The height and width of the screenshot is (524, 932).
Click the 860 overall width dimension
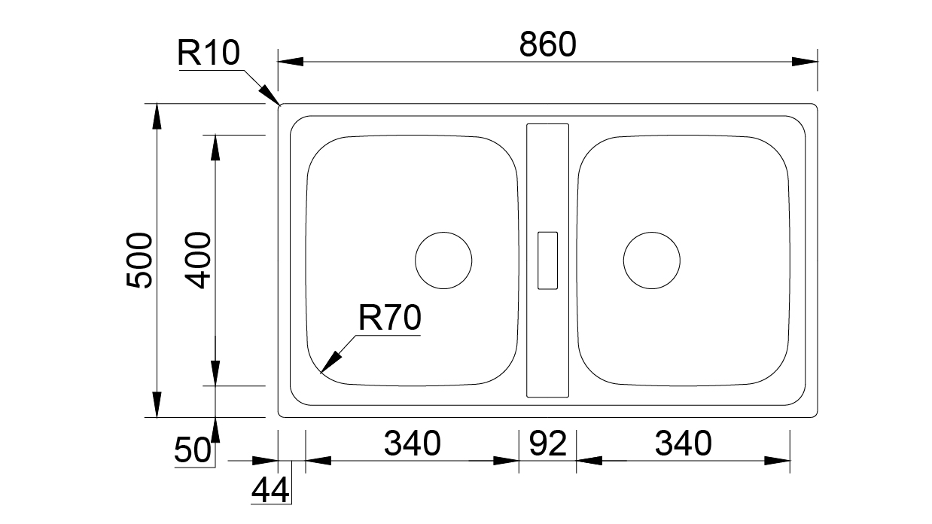547,44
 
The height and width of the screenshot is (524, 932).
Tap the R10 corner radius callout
209,53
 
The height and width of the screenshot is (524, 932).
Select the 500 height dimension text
139,260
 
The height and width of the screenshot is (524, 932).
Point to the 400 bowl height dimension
198,260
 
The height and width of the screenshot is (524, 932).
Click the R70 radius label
389,318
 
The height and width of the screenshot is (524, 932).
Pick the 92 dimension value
547,443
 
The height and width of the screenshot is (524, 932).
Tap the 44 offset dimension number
270,490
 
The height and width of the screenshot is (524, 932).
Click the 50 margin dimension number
192,450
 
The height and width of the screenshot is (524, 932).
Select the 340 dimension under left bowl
412,443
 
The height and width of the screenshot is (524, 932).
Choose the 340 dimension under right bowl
683,443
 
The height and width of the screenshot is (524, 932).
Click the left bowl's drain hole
443,232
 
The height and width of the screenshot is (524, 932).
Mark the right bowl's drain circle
651,232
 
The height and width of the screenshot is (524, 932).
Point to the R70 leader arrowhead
330,362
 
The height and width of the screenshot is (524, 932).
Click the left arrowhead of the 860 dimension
291,62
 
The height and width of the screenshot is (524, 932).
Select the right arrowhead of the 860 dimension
805,62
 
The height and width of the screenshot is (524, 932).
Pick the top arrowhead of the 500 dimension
157,116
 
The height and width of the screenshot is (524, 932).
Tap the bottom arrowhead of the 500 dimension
157,404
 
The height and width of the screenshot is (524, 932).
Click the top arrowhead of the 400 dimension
215,148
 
